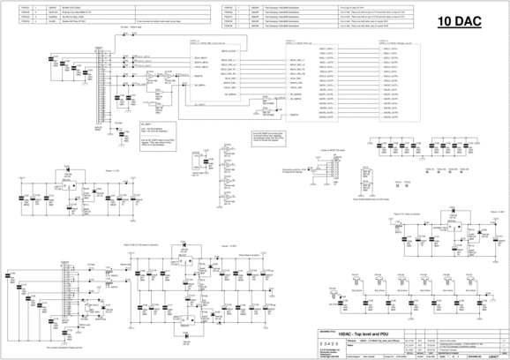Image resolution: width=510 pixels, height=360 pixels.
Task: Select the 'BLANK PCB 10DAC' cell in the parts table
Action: pos(74,6)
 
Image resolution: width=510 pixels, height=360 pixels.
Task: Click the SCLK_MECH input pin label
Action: pos(199,64)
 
